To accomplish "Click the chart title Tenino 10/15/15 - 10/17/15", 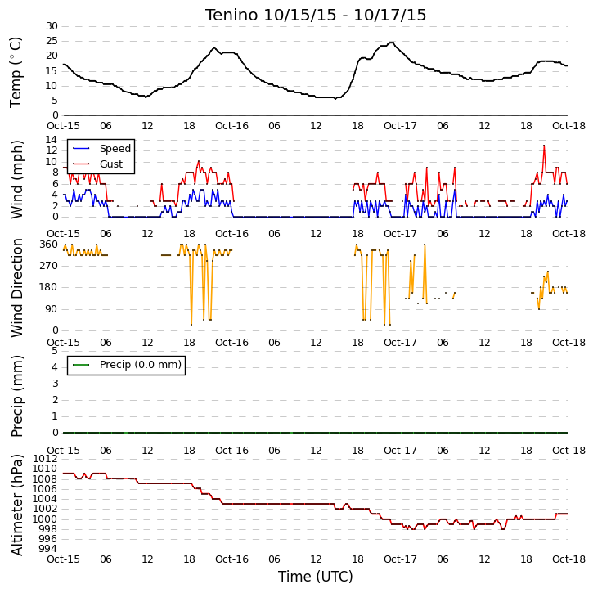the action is click(x=316, y=15).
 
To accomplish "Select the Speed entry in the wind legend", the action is click(x=115, y=149).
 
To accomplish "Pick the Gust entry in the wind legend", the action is click(x=111, y=164).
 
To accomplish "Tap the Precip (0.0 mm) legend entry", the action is click(x=141, y=365).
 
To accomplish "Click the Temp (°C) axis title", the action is click(x=16, y=72).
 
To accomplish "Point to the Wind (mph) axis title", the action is click(x=16, y=180).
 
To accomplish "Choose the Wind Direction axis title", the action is click(x=16, y=288).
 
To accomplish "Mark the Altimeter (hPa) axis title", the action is click(x=16, y=505).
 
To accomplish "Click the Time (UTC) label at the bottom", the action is click(x=316, y=577).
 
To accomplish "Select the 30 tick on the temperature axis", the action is click(x=52, y=26).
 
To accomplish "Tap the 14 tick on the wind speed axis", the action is click(x=52, y=140).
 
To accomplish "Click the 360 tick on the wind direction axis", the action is click(x=49, y=245).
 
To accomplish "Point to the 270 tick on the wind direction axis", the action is click(x=49, y=266).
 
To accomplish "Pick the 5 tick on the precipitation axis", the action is click(x=55, y=351).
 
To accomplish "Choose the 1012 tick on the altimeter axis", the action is click(x=45, y=459).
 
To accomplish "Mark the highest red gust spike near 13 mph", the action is click(x=544, y=146).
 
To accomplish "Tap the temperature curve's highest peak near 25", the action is click(x=392, y=43).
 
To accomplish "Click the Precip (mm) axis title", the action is click(x=16, y=397).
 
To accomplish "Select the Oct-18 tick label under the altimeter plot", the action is click(x=568, y=559).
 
